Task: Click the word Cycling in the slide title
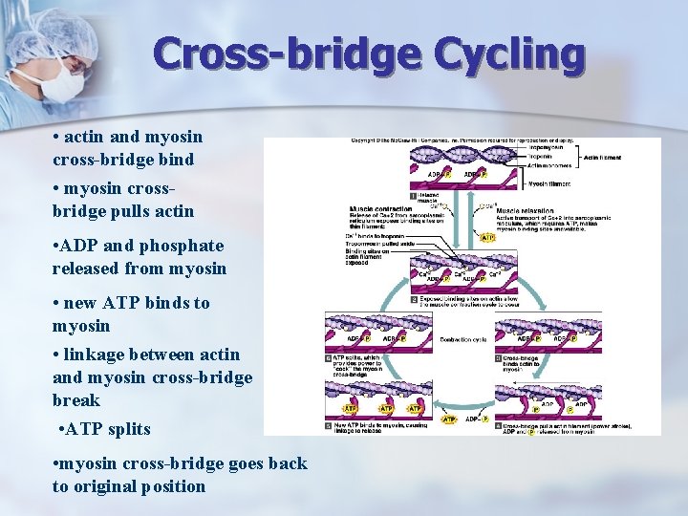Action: tap(509, 54)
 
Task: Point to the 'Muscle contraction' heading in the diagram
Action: tap(382, 207)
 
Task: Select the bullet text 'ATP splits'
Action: tap(109, 429)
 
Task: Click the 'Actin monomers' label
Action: tap(551, 165)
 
